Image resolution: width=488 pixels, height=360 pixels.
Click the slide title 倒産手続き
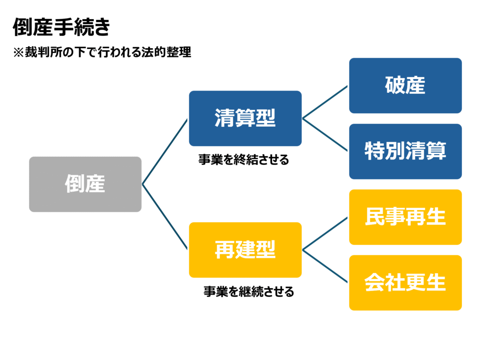(61, 27)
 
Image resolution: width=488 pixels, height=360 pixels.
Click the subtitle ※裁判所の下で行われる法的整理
(102, 52)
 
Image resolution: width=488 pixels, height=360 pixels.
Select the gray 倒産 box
(85, 184)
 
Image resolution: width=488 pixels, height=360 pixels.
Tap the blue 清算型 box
(245, 119)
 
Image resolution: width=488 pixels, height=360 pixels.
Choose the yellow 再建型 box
(245, 250)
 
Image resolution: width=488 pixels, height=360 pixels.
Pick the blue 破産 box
(405, 86)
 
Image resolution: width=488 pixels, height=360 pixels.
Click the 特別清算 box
(405, 151)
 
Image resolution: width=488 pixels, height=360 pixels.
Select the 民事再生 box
(405, 217)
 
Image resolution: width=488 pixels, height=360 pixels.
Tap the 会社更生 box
(405, 282)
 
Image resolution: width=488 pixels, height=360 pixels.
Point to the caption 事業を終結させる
(244, 160)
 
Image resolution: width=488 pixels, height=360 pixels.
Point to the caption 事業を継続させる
(249, 291)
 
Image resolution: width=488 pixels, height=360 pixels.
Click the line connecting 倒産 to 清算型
(165, 151)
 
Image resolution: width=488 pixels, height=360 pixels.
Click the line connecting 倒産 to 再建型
(165, 217)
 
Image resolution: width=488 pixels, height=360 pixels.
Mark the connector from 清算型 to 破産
(325, 102)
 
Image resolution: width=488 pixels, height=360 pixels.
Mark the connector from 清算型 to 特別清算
(325, 135)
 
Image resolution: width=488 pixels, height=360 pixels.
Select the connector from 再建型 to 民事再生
(325, 233)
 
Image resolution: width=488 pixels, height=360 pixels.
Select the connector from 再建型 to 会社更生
(325, 266)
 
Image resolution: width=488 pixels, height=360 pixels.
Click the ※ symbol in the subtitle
(19, 52)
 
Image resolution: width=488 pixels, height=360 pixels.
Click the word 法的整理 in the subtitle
(166, 52)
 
